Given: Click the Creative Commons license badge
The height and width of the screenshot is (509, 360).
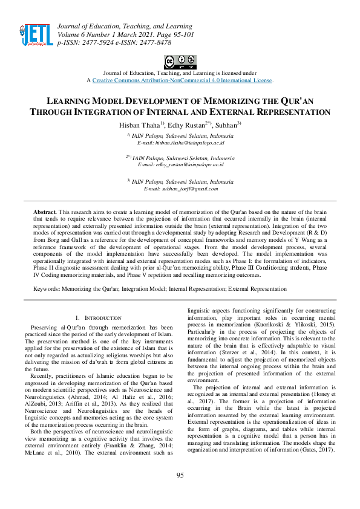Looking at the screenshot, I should tap(180, 61).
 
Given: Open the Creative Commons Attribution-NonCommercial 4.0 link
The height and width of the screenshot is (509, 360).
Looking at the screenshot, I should tap(182, 80).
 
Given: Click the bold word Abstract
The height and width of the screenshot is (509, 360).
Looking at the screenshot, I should tap(44, 213).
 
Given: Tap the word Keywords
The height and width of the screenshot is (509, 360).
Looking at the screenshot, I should tap(45, 290).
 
